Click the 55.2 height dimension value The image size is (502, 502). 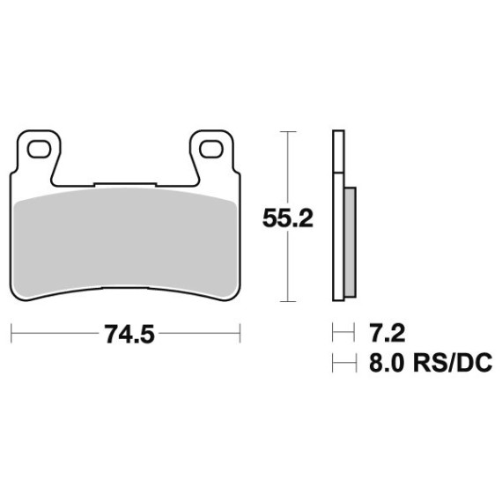click(287, 218)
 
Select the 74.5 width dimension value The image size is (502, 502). click(129, 335)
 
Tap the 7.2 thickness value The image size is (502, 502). click(387, 333)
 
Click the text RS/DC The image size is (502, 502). click(453, 363)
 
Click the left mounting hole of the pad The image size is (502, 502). click(39, 150)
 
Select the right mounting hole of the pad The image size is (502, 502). click(211, 149)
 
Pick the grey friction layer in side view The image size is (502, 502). click(351, 242)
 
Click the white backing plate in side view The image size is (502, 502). click(339, 237)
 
